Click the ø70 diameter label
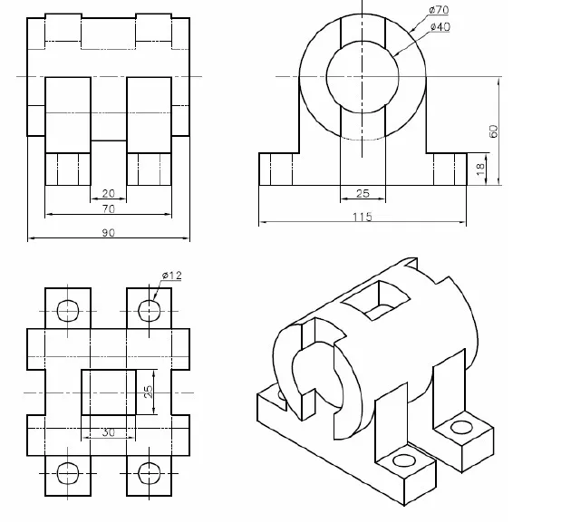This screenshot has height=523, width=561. point(439,10)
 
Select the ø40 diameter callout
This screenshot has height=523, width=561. point(440,27)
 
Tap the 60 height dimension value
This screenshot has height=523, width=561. point(493,131)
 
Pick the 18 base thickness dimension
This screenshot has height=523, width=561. point(480,168)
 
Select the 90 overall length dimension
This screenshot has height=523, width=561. point(108,233)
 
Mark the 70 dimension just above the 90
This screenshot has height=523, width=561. point(108,208)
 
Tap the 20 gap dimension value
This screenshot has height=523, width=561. point(108,193)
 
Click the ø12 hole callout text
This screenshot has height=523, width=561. point(171,276)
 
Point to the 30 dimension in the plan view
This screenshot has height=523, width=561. point(108,433)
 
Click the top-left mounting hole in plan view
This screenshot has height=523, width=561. point(68,311)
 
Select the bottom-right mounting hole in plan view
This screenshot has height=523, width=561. point(148,472)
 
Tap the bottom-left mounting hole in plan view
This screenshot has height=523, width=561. point(68,472)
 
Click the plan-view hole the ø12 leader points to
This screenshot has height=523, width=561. point(148,311)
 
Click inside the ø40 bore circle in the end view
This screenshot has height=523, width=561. point(362,76)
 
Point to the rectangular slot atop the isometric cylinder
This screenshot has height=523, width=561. point(375,299)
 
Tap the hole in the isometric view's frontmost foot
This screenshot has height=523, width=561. point(401,463)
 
